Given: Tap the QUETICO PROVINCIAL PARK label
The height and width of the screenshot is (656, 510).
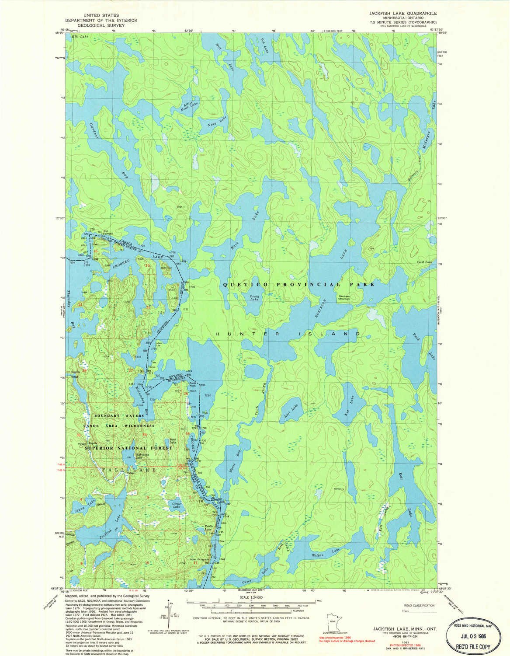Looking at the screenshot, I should point(299,284).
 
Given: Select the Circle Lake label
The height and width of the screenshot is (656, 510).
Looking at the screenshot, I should point(177,504).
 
